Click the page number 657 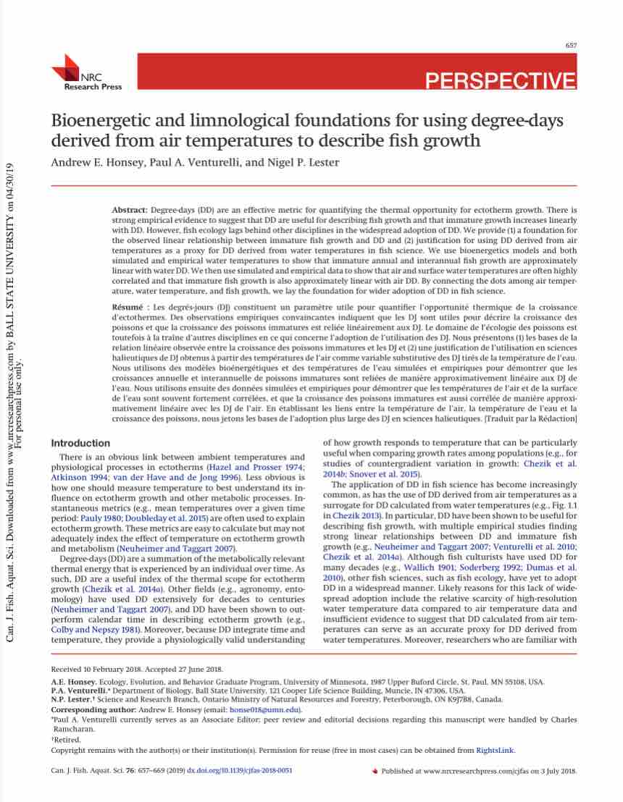[x=571, y=46]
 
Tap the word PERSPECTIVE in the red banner [x=501, y=80]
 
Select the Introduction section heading [x=80, y=443]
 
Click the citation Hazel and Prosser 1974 [x=256, y=468]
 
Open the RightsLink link [x=496, y=751]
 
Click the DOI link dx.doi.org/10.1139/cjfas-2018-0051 [x=240, y=771]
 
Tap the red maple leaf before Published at [x=375, y=772]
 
